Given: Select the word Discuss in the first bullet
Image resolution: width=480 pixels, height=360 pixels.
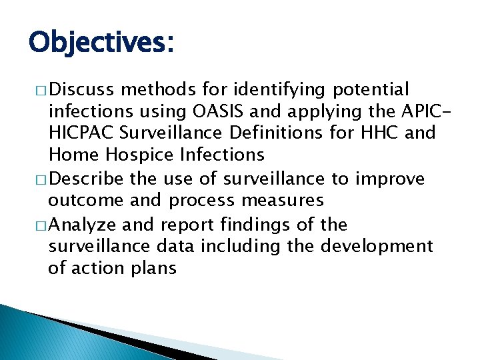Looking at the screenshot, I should [80, 89].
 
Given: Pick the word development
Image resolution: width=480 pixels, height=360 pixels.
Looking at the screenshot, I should [377, 246].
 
